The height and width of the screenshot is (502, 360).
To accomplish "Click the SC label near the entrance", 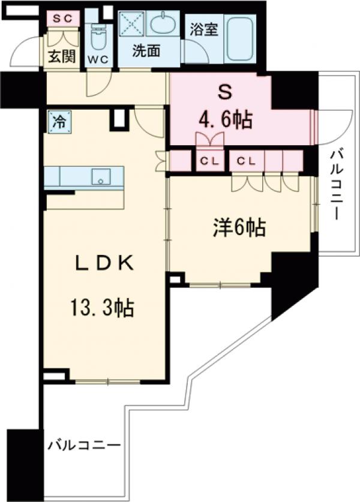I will [63, 18].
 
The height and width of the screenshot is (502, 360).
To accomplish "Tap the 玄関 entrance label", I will [62, 58].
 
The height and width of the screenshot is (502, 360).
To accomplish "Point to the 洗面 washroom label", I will [146, 51].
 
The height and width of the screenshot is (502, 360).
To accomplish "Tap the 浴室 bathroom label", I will [205, 28].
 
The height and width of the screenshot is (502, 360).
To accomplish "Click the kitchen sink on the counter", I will [101, 178].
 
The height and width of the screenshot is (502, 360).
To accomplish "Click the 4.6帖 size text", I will [224, 121].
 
